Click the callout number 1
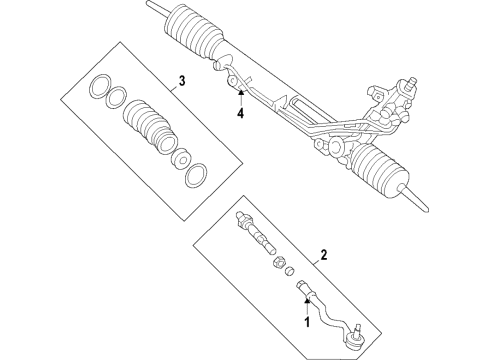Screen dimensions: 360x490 click(x=307, y=322)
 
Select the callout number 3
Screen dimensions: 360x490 click(x=182, y=81)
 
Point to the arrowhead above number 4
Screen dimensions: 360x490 click(x=240, y=95)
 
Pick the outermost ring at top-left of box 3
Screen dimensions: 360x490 click(x=99, y=88)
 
